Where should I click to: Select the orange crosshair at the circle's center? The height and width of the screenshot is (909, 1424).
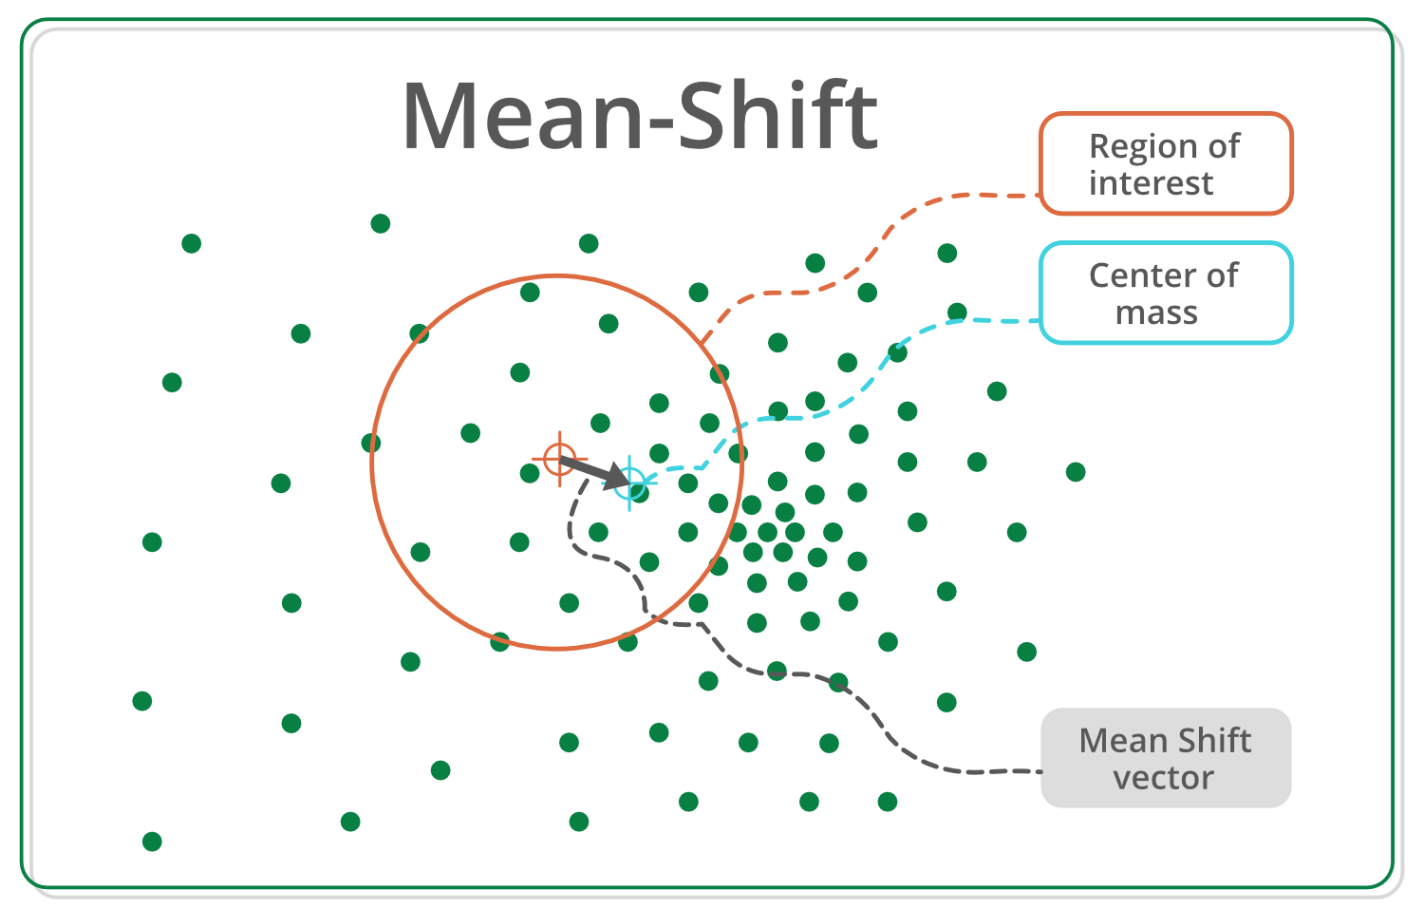[559, 459]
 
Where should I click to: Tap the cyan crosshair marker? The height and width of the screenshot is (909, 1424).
[629, 483]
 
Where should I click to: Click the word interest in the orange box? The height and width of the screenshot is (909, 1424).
[1151, 182]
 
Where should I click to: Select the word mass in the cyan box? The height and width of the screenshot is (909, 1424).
[1156, 312]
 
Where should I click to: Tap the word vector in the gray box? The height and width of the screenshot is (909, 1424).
[1163, 778]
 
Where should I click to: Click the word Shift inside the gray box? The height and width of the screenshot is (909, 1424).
[1209, 740]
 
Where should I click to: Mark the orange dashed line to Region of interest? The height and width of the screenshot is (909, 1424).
[883, 237]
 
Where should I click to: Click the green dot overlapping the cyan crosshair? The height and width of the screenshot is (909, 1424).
[640, 492]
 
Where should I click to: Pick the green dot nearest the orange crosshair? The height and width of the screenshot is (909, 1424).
[530, 473]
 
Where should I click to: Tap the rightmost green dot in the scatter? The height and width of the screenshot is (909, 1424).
[1076, 472]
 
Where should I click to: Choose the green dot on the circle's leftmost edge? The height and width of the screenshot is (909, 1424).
[371, 443]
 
